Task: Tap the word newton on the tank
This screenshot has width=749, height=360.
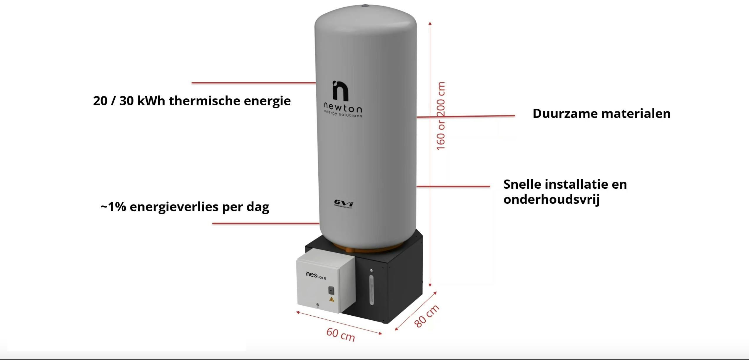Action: tap(343, 108)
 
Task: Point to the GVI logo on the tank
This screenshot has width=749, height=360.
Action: tap(343, 203)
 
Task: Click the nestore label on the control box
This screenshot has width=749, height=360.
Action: tap(316, 275)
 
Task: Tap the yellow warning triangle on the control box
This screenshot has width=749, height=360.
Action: tap(332, 299)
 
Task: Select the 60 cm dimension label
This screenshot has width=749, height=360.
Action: tap(340, 334)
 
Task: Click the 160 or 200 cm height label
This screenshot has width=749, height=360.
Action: tap(441, 116)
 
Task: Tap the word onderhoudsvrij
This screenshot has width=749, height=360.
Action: tap(551, 199)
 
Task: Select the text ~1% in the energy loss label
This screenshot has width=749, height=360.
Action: tap(113, 207)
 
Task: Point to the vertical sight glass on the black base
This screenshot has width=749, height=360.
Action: tap(371, 290)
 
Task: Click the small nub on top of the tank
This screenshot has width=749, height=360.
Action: tap(365, 6)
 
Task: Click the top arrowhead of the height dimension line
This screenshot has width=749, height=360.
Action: tap(430, 24)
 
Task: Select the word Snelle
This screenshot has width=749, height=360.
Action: tap(522, 185)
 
